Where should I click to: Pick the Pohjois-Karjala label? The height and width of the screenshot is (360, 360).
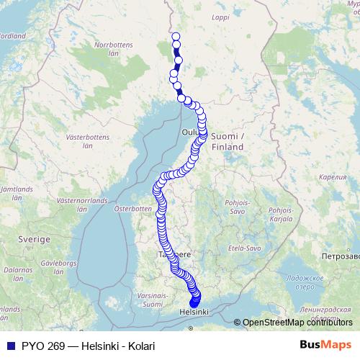(x=280, y=214)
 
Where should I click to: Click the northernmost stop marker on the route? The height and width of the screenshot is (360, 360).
(x=176, y=36)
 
